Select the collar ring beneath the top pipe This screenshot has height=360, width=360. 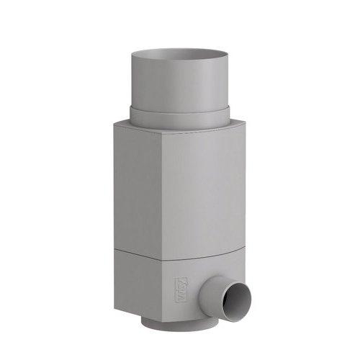(x=179, y=117)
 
